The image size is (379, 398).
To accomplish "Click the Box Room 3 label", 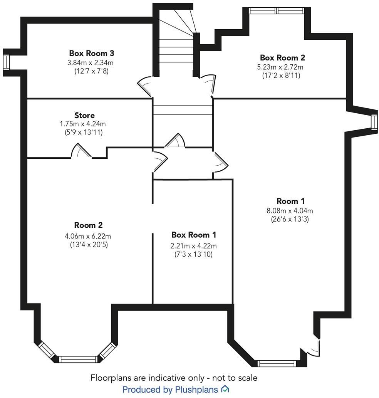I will [92, 53].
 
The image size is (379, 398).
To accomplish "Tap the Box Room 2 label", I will [282, 57].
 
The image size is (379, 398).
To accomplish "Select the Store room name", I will [84, 115].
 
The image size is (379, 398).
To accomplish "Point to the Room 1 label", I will [290, 201].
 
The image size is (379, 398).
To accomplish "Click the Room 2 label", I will [88, 225].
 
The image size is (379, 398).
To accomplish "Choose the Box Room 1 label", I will [194, 235].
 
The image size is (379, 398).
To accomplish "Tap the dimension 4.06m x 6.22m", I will [88, 236].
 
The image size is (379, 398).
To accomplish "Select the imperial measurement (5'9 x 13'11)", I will [84, 132].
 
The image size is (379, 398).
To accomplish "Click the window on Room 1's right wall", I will [374, 122].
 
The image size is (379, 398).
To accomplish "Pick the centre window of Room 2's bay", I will [80, 359].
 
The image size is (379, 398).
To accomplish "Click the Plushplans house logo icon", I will [225, 389].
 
